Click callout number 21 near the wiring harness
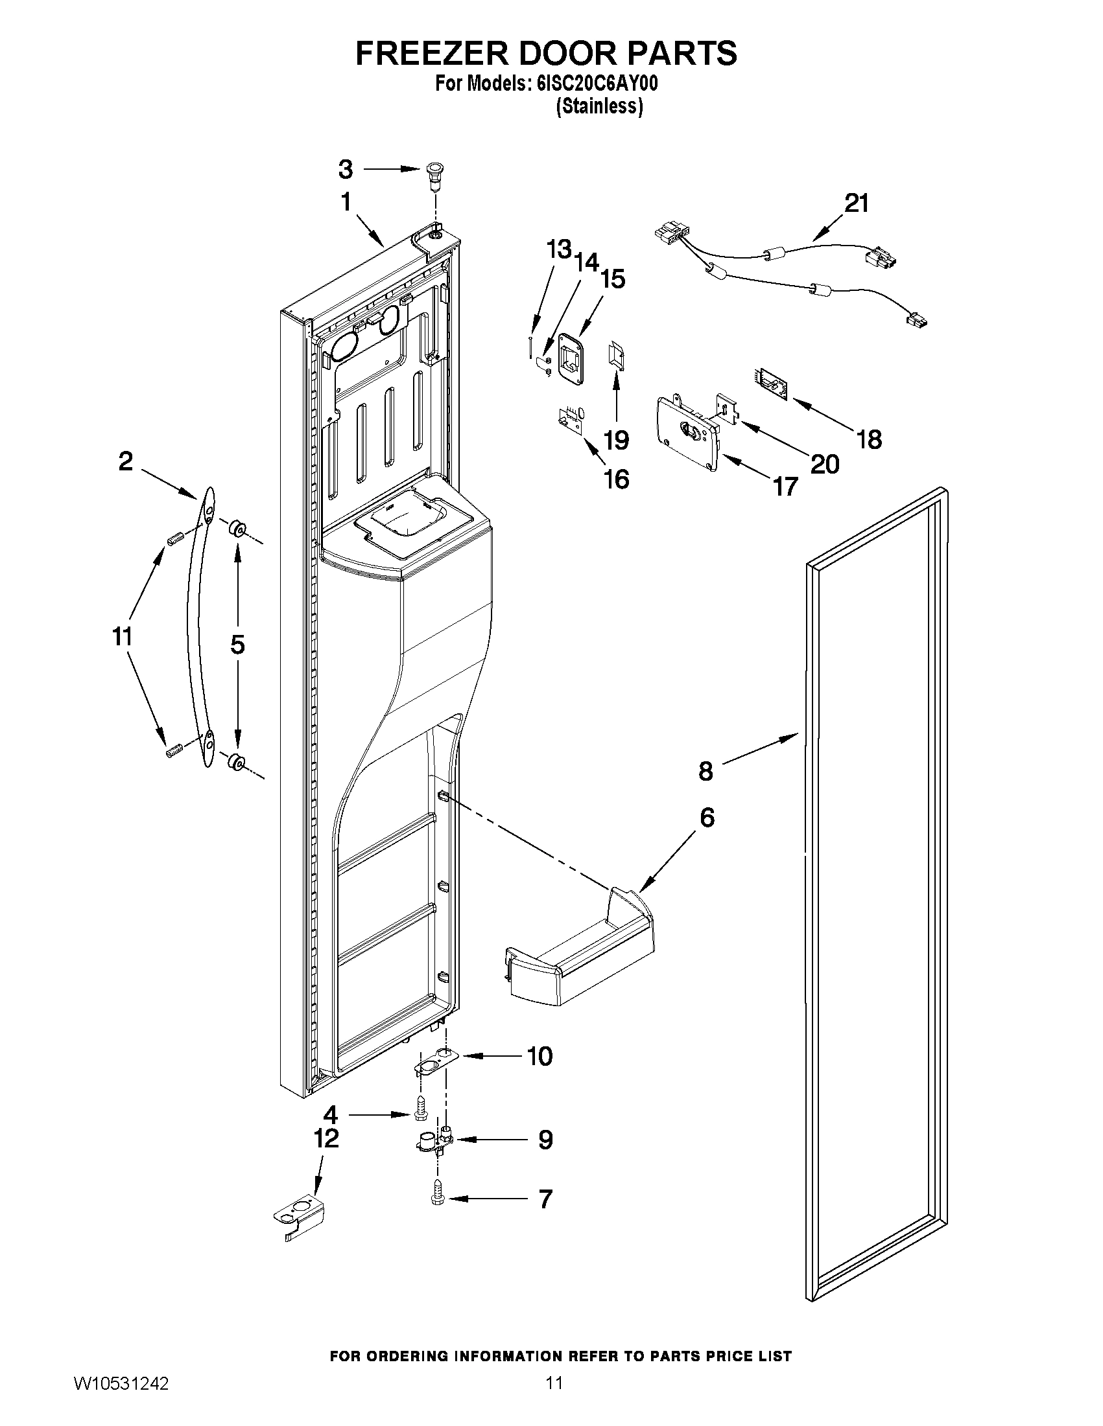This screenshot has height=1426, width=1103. [856, 203]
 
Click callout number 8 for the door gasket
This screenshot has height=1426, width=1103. [706, 772]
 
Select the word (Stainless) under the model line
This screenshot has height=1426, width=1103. [599, 106]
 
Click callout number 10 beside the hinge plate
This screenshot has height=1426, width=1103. [539, 1056]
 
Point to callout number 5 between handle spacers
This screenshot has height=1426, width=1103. [237, 645]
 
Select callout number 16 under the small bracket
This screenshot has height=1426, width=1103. [616, 479]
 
